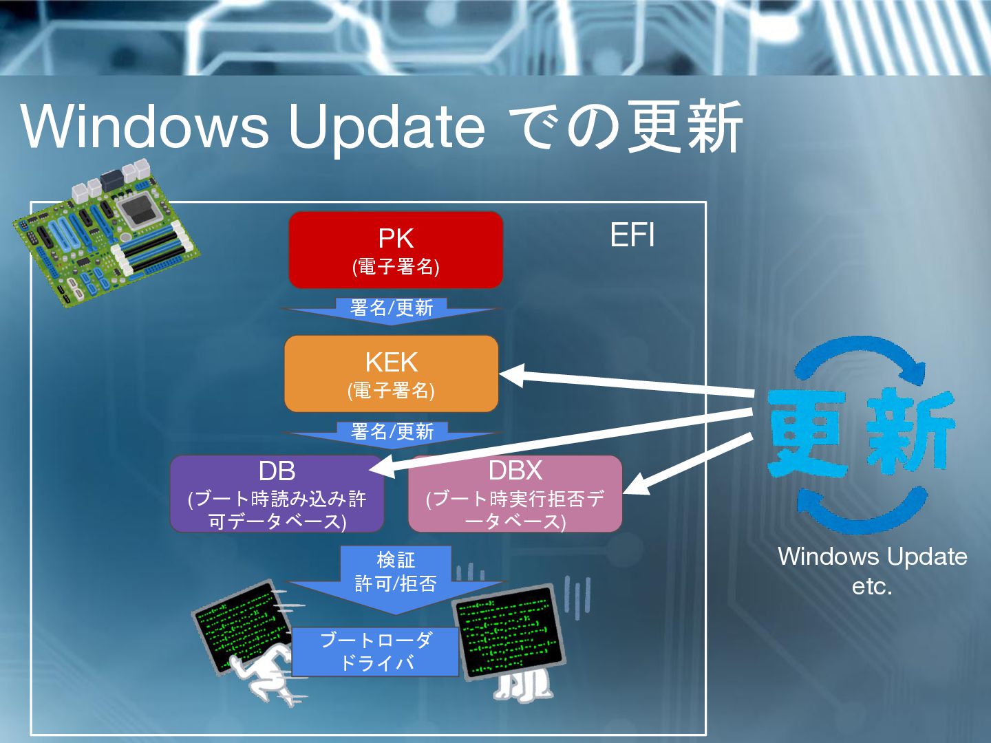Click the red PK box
pos(396,250)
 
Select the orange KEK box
pos(391,374)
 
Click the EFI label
pos(632,235)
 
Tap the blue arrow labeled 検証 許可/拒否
pos(396,574)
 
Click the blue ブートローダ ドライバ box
pos(376,652)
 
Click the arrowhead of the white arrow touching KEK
pos(513,375)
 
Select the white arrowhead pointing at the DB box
pos(382,469)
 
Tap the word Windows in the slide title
pos(145,127)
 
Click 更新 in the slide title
pos(685,127)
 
